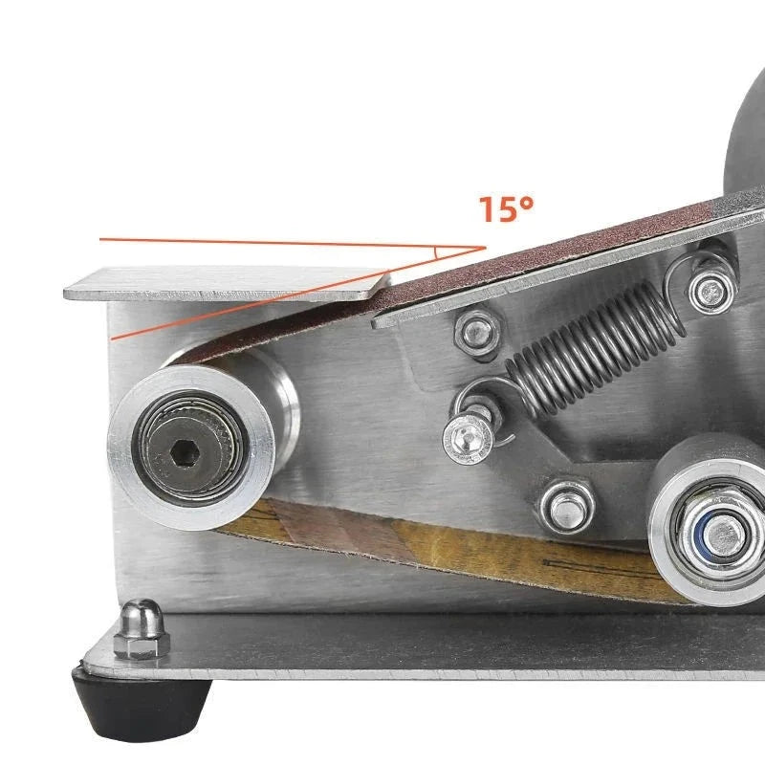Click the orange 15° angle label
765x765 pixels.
[x=507, y=209]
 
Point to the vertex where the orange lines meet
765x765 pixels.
[x=486, y=248]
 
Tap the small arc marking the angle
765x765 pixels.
[x=436, y=252]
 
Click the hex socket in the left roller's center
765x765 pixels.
[x=185, y=453]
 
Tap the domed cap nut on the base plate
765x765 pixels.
[x=142, y=629]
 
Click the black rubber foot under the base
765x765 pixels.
[x=142, y=703]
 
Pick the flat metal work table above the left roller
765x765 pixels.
[x=227, y=283]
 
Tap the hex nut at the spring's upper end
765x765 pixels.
[x=711, y=291]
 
